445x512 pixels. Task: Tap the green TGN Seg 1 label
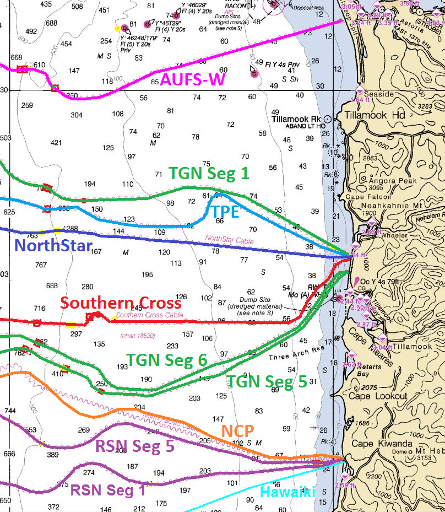pyautogui.click(x=209, y=173)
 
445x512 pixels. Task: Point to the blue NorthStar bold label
pyautogui.click(x=52, y=246)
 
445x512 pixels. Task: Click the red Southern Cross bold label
pyautogui.click(x=121, y=303)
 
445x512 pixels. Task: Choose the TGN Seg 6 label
pyautogui.click(x=167, y=360)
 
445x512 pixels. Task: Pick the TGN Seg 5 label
pyautogui.click(x=267, y=381)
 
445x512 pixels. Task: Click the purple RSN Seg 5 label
pyautogui.click(x=135, y=446)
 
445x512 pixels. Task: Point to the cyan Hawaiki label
pyautogui.click(x=287, y=492)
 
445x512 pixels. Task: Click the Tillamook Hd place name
pyautogui.click(x=375, y=115)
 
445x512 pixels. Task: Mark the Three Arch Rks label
pyautogui.click(x=294, y=357)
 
